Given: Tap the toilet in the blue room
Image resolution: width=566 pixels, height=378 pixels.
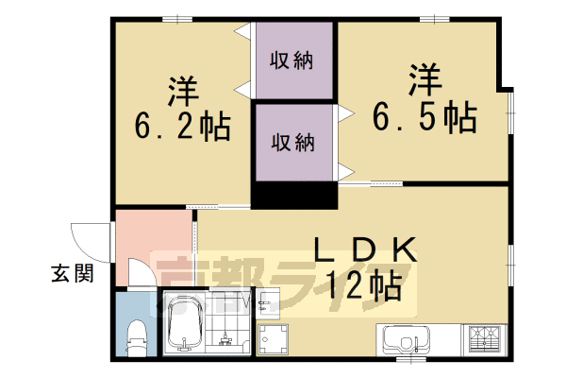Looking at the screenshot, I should coord(136,335).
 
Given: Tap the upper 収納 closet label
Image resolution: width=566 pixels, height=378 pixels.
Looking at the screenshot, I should coord(292,61).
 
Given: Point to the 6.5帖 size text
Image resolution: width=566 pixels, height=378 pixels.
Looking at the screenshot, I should coord(424,118).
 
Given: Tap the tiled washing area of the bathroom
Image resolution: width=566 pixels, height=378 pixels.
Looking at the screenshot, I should coord(225,327).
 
